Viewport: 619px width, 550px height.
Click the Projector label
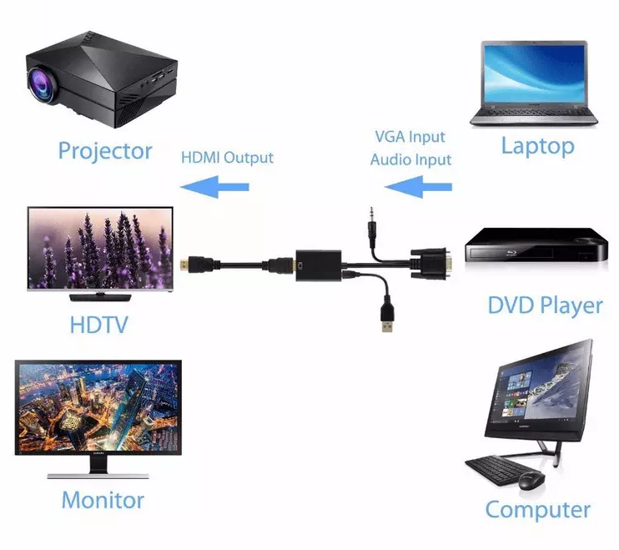point(105,151)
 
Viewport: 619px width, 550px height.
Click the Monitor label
point(102,501)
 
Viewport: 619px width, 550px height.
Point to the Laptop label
point(537,146)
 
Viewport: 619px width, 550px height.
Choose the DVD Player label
point(545,305)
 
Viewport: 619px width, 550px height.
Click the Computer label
point(537,509)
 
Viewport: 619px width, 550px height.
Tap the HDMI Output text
point(227,157)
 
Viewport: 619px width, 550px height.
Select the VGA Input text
point(409,136)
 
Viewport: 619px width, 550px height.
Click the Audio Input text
point(410,159)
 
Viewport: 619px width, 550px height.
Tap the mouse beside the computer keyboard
point(531,481)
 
